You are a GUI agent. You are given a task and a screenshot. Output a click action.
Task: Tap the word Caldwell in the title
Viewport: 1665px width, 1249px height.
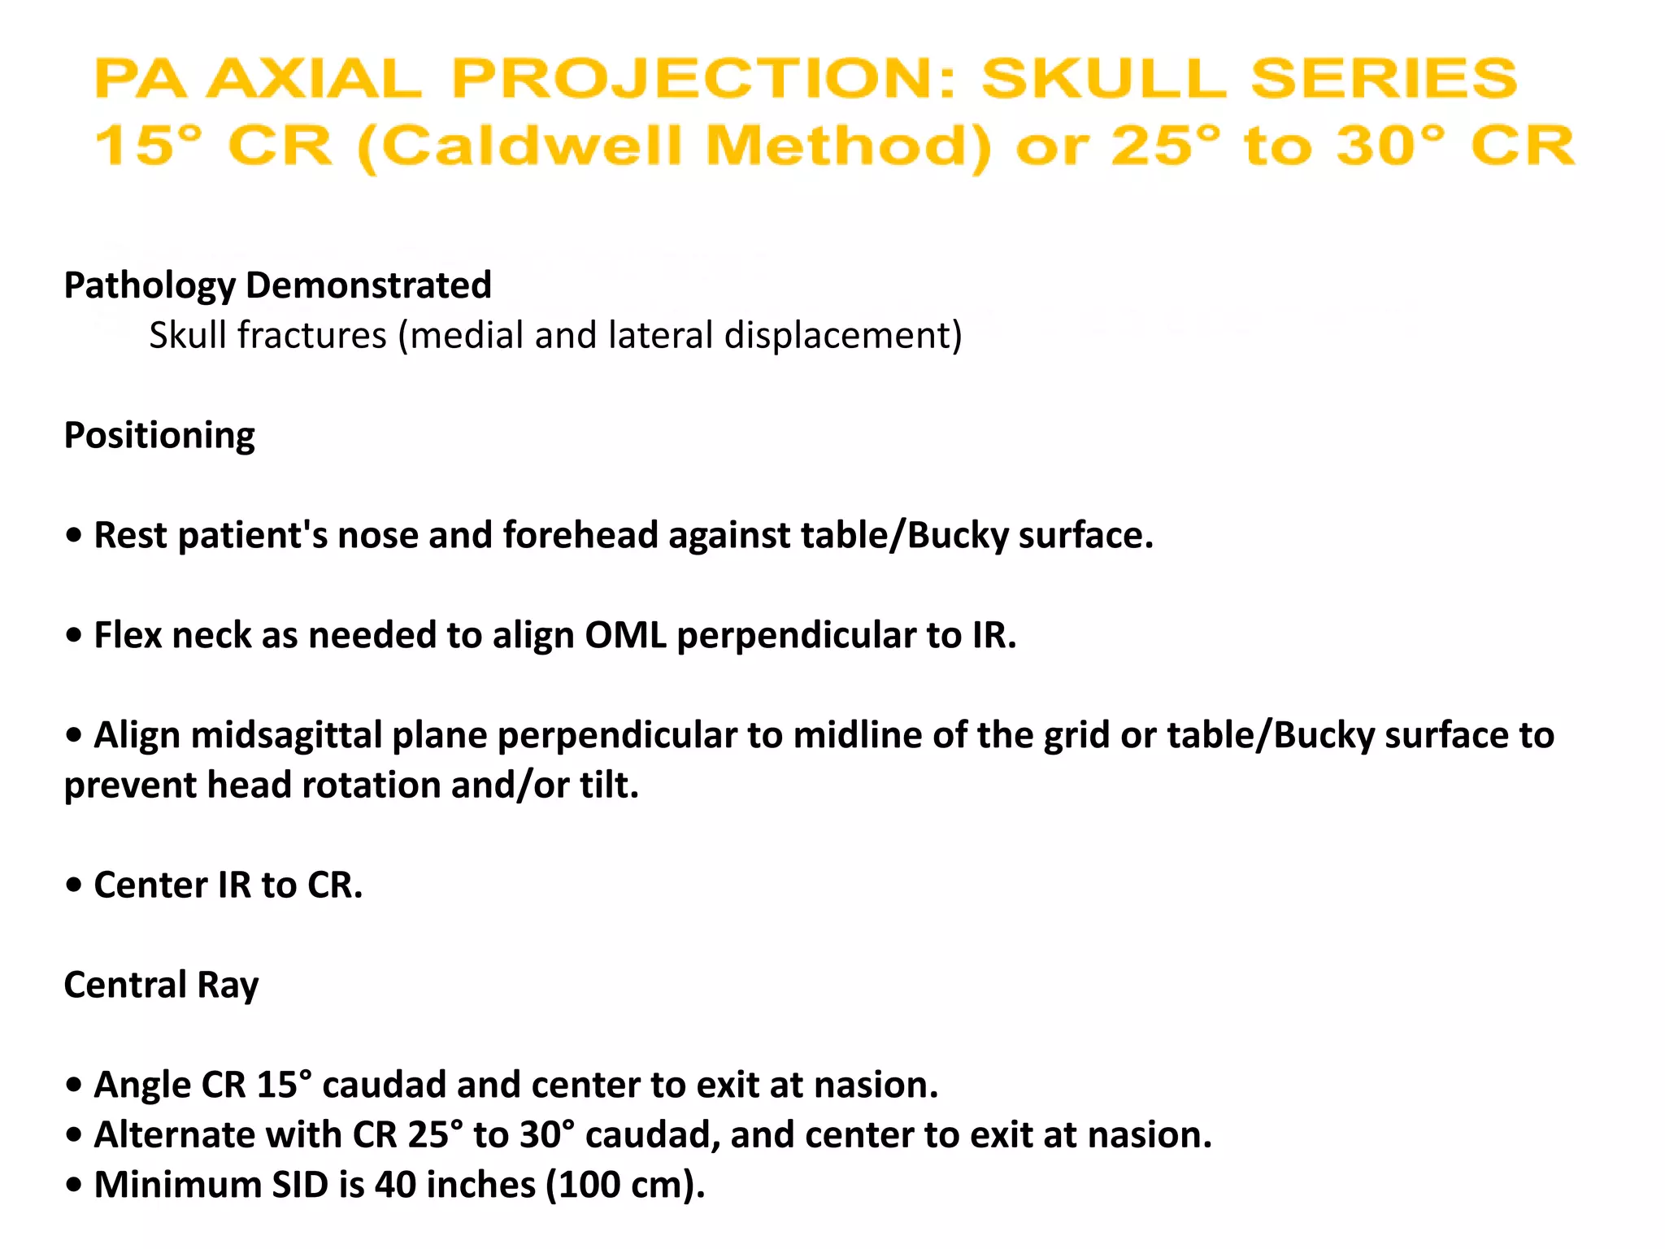530,146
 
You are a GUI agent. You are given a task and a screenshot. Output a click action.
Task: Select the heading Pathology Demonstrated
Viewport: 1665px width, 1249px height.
277,285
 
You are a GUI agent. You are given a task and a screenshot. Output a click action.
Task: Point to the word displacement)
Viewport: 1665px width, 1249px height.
843,335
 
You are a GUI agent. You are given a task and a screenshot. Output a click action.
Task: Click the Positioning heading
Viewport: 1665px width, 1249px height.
159,435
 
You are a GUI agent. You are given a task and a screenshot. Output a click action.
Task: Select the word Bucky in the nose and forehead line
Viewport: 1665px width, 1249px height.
957,535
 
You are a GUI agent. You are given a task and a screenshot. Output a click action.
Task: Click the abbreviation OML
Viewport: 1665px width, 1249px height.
625,635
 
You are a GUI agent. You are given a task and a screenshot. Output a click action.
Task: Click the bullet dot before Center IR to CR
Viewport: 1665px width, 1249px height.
75,885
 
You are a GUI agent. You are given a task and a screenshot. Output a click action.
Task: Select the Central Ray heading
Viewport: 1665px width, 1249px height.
161,985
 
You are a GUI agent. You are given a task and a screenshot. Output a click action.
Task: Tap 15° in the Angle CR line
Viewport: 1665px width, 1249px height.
284,1085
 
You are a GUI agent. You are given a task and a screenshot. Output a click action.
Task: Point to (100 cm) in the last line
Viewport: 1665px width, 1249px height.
624,1185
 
